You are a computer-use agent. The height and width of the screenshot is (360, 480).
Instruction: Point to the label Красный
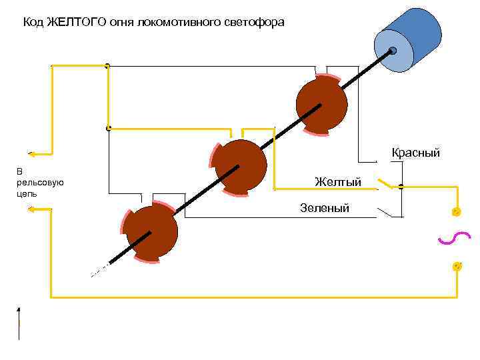pos(415,153)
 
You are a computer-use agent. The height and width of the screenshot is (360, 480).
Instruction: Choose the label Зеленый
pos(325,208)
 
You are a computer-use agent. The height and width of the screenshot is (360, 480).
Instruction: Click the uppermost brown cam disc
pos(321,104)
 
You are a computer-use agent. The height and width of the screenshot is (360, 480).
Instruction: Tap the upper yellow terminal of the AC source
pos(457,212)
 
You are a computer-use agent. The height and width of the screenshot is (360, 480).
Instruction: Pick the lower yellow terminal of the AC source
pos(457,266)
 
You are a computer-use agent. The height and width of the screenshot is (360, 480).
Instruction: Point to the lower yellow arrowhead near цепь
pos(31,209)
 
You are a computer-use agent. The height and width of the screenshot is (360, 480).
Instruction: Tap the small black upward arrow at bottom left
pos(19,311)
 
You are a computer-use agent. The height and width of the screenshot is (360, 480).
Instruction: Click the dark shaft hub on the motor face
pos(393,51)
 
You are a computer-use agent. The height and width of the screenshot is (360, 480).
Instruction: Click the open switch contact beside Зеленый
pos(387,213)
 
